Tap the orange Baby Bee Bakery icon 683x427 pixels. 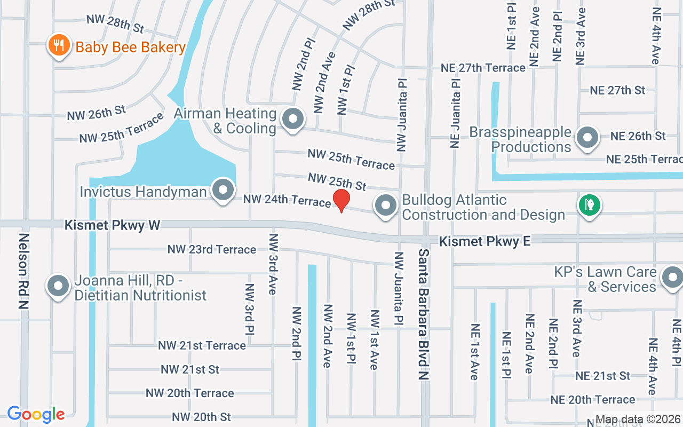click(x=59, y=46)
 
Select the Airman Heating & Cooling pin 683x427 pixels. click(x=292, y=118)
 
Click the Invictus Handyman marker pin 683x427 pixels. click(x=223, y=190)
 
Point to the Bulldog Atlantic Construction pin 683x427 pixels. click(x=385, y=205)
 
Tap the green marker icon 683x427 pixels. click(x=590, y=205)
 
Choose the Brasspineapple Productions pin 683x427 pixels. click(x=588, y=137)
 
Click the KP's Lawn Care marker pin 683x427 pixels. click(x=672, y=278)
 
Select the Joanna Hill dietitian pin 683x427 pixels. click(x=59, y=286)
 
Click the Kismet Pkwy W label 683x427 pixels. click(x=112, y=225)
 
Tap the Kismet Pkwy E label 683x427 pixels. click(x=485, y=242)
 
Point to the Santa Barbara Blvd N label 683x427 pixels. click(x=424, y=314)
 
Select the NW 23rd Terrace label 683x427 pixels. click(x=212, y=249)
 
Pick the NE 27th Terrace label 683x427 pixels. click(x=483, y=68)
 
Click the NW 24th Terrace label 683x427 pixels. click(x=287, y=200)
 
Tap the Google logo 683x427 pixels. click(x=36, y=414)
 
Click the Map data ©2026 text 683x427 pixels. click(x=638, y=420)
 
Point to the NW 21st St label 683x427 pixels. click(x=190, y=369)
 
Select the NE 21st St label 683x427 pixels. click(x=603, y=376)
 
